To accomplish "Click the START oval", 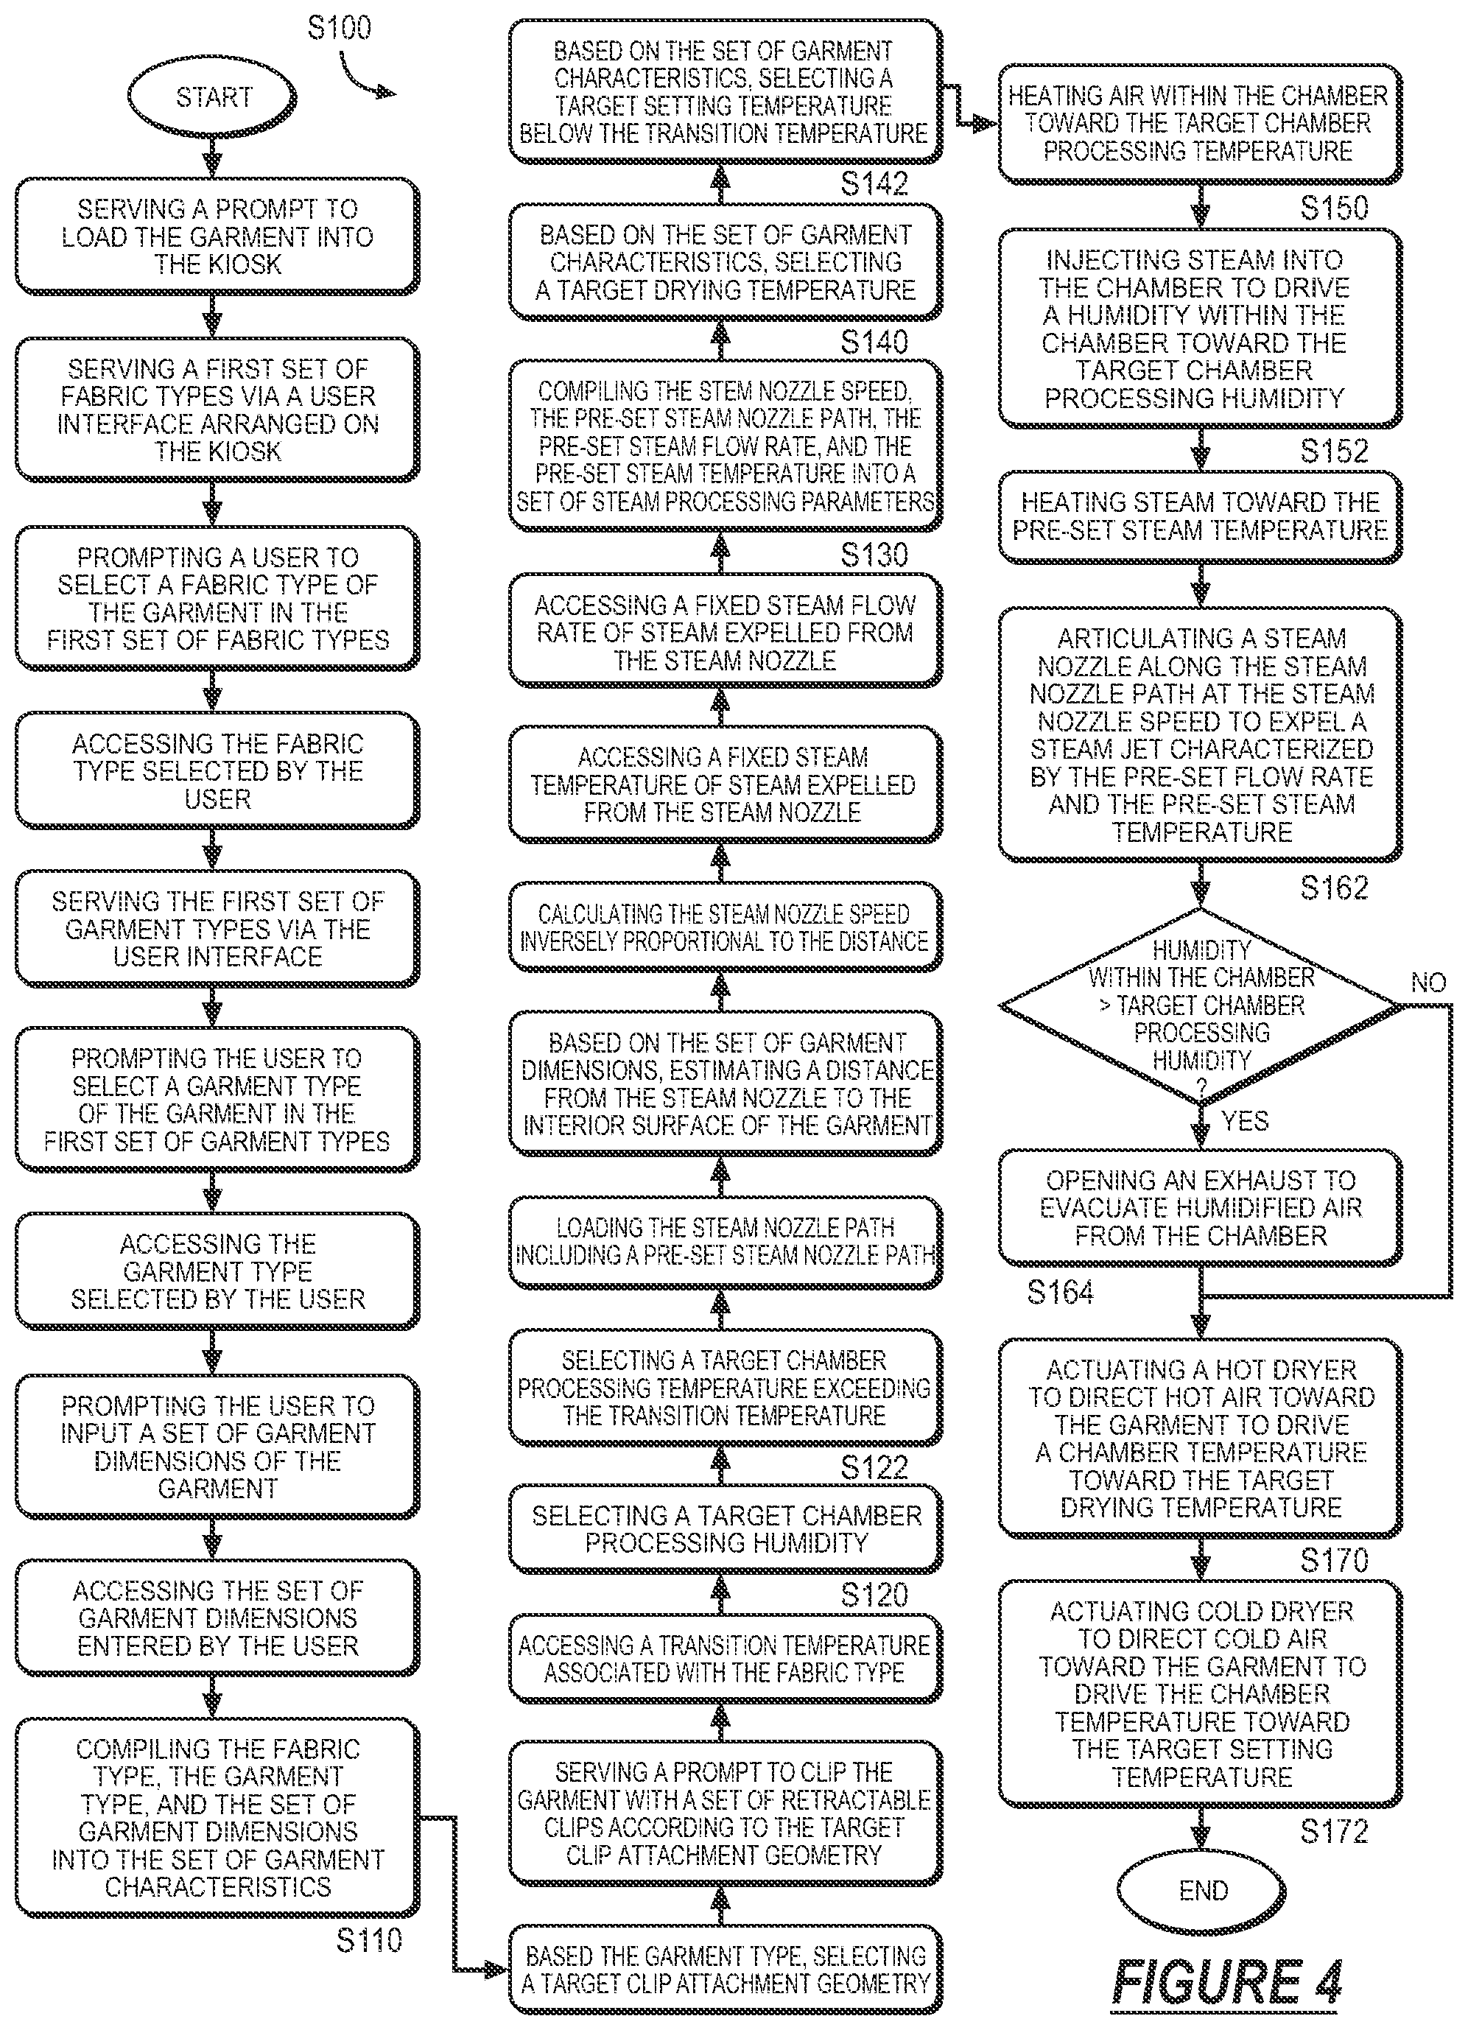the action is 212,96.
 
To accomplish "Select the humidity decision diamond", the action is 1201,1006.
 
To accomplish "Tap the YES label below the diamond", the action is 1244,1120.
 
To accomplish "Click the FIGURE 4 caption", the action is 1227,1980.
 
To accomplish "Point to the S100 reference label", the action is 340,28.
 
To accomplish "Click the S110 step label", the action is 369,1939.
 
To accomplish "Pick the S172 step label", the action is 1334,1831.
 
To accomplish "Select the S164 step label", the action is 1061,1291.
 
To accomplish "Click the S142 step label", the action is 874,183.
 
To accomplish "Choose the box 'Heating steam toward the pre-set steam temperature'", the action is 1201,516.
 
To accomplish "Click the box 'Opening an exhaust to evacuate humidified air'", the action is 1201,1207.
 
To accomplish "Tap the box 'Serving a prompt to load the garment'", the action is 217,236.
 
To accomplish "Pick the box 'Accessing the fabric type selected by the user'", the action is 217,770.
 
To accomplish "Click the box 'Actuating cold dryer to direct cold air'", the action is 1201,1694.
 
